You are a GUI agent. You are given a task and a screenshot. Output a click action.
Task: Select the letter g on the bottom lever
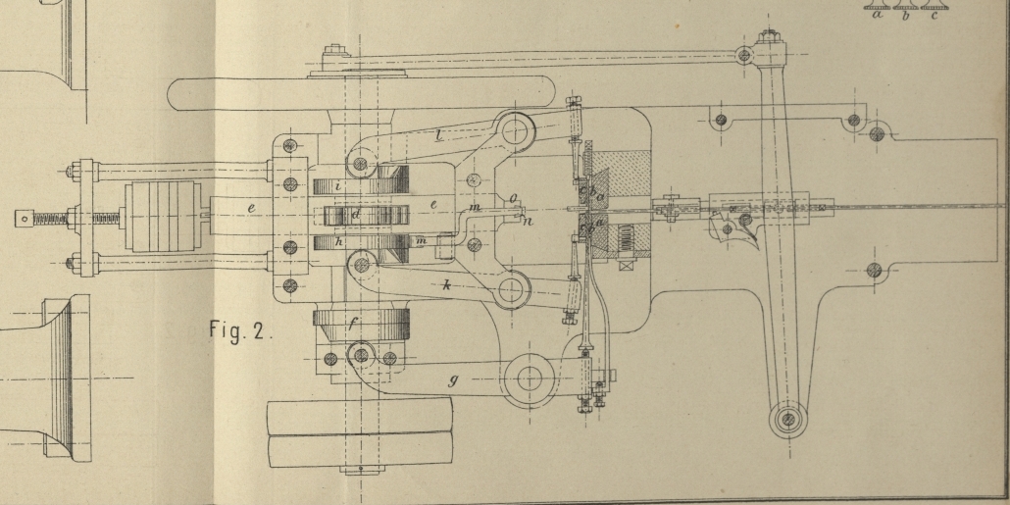pyautogui.click(x=452, y=380)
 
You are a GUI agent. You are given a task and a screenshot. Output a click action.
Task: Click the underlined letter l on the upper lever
pyautogui.click(x=438, y=135)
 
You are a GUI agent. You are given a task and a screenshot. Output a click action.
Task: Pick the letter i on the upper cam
pyautogui.click(x=337, y=184)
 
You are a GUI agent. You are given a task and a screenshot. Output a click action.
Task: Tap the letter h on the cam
pyautogui.click(x=337, y=241)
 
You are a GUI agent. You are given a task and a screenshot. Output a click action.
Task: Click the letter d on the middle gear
pyautogui.click(x=357, y=213)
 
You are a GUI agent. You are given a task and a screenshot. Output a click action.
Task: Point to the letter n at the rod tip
pyautogui.click(x=529, y=222)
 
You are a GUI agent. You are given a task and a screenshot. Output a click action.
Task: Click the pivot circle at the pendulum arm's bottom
pyautogui.click(x=787, y=421)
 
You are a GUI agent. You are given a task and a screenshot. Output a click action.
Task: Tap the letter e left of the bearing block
pyautogui.click(x=251, y=209)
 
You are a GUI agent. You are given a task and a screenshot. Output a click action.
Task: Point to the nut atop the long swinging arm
pyautogui.click(x=770, y=36)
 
